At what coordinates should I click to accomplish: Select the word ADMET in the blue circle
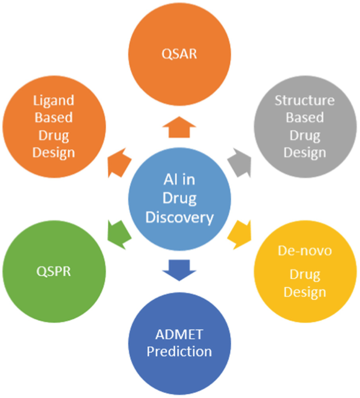(179, 334)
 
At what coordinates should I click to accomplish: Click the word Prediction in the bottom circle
(179, 351)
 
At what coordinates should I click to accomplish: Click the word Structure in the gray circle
(305, 100)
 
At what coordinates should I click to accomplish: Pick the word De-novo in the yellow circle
(305, 250)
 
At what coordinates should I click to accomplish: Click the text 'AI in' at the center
(180, 181)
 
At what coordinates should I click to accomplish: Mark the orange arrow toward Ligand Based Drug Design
(119, 160)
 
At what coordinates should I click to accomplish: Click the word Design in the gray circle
(305, 153)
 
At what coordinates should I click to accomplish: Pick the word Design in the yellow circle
(305, 291)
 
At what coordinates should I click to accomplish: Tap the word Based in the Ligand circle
(54, 117)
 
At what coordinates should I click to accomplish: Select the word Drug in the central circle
(180, 199)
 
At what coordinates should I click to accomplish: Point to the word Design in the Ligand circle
(54, 153)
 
